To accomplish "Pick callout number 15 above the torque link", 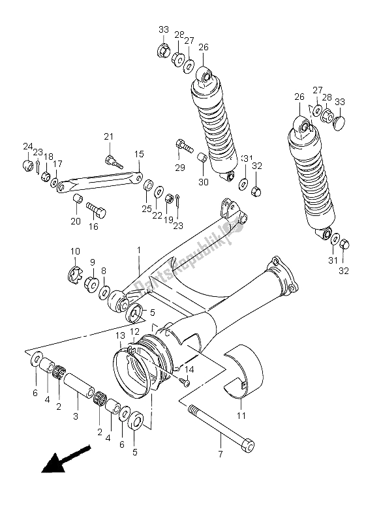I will pos(138,154).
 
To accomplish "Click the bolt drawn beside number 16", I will pos(97,211).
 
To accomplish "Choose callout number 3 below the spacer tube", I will pos(76,416).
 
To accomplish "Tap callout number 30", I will pos(203,182).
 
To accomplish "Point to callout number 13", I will pos(120,335).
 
